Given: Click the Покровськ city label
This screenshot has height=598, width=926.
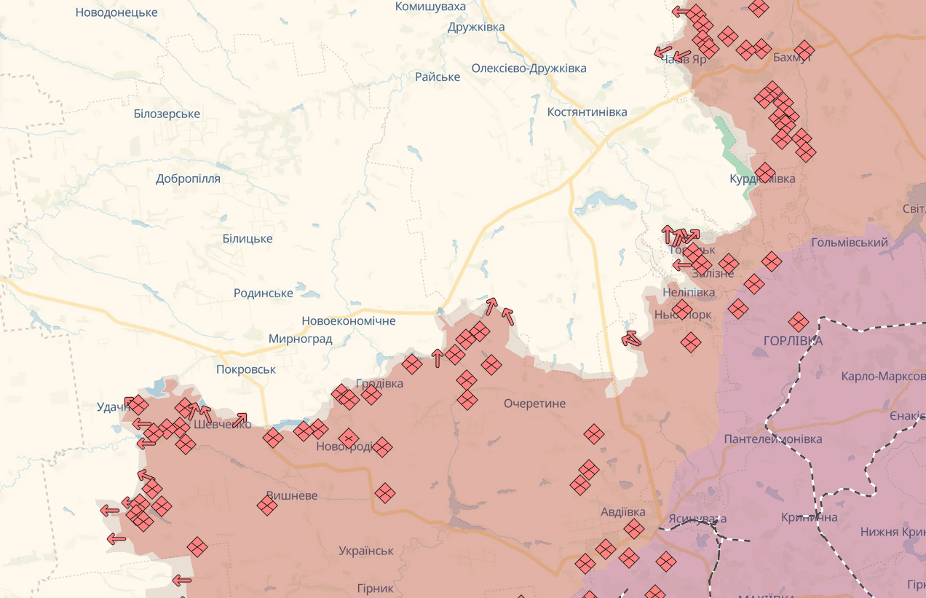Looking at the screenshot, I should (246, 369).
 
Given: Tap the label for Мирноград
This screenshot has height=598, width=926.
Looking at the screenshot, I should (300, 339).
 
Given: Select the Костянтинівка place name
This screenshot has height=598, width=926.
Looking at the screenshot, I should (587, 112).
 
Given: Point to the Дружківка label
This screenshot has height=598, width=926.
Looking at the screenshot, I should (476, 27).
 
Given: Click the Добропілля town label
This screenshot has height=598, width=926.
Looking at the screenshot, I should (188, 178).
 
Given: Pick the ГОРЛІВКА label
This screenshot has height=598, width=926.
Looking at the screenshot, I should (793, 341).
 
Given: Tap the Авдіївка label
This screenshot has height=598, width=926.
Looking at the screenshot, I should (622, 511).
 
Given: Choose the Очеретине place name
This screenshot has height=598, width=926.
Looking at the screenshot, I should (534, 404).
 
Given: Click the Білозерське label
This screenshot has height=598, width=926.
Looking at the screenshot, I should (167, 114).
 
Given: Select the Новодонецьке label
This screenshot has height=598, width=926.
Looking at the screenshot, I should (116, 12).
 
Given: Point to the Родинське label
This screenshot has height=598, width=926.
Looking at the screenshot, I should (264, 293).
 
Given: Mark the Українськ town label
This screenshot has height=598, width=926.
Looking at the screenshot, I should (366, 551).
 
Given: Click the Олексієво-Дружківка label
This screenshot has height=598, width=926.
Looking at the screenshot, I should (529, 68).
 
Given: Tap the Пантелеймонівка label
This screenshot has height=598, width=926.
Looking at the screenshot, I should (772, 439).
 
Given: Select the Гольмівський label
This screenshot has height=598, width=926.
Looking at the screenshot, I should (850, 243).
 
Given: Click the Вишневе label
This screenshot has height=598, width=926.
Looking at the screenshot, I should (292, 495).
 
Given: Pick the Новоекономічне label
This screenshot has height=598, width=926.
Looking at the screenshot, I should (349, 320).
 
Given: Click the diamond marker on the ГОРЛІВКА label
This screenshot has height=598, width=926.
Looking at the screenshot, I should (799, 321).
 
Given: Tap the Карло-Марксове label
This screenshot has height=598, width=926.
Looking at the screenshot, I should (883, 377).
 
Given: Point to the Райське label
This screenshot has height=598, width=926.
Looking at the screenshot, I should (438, 76).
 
